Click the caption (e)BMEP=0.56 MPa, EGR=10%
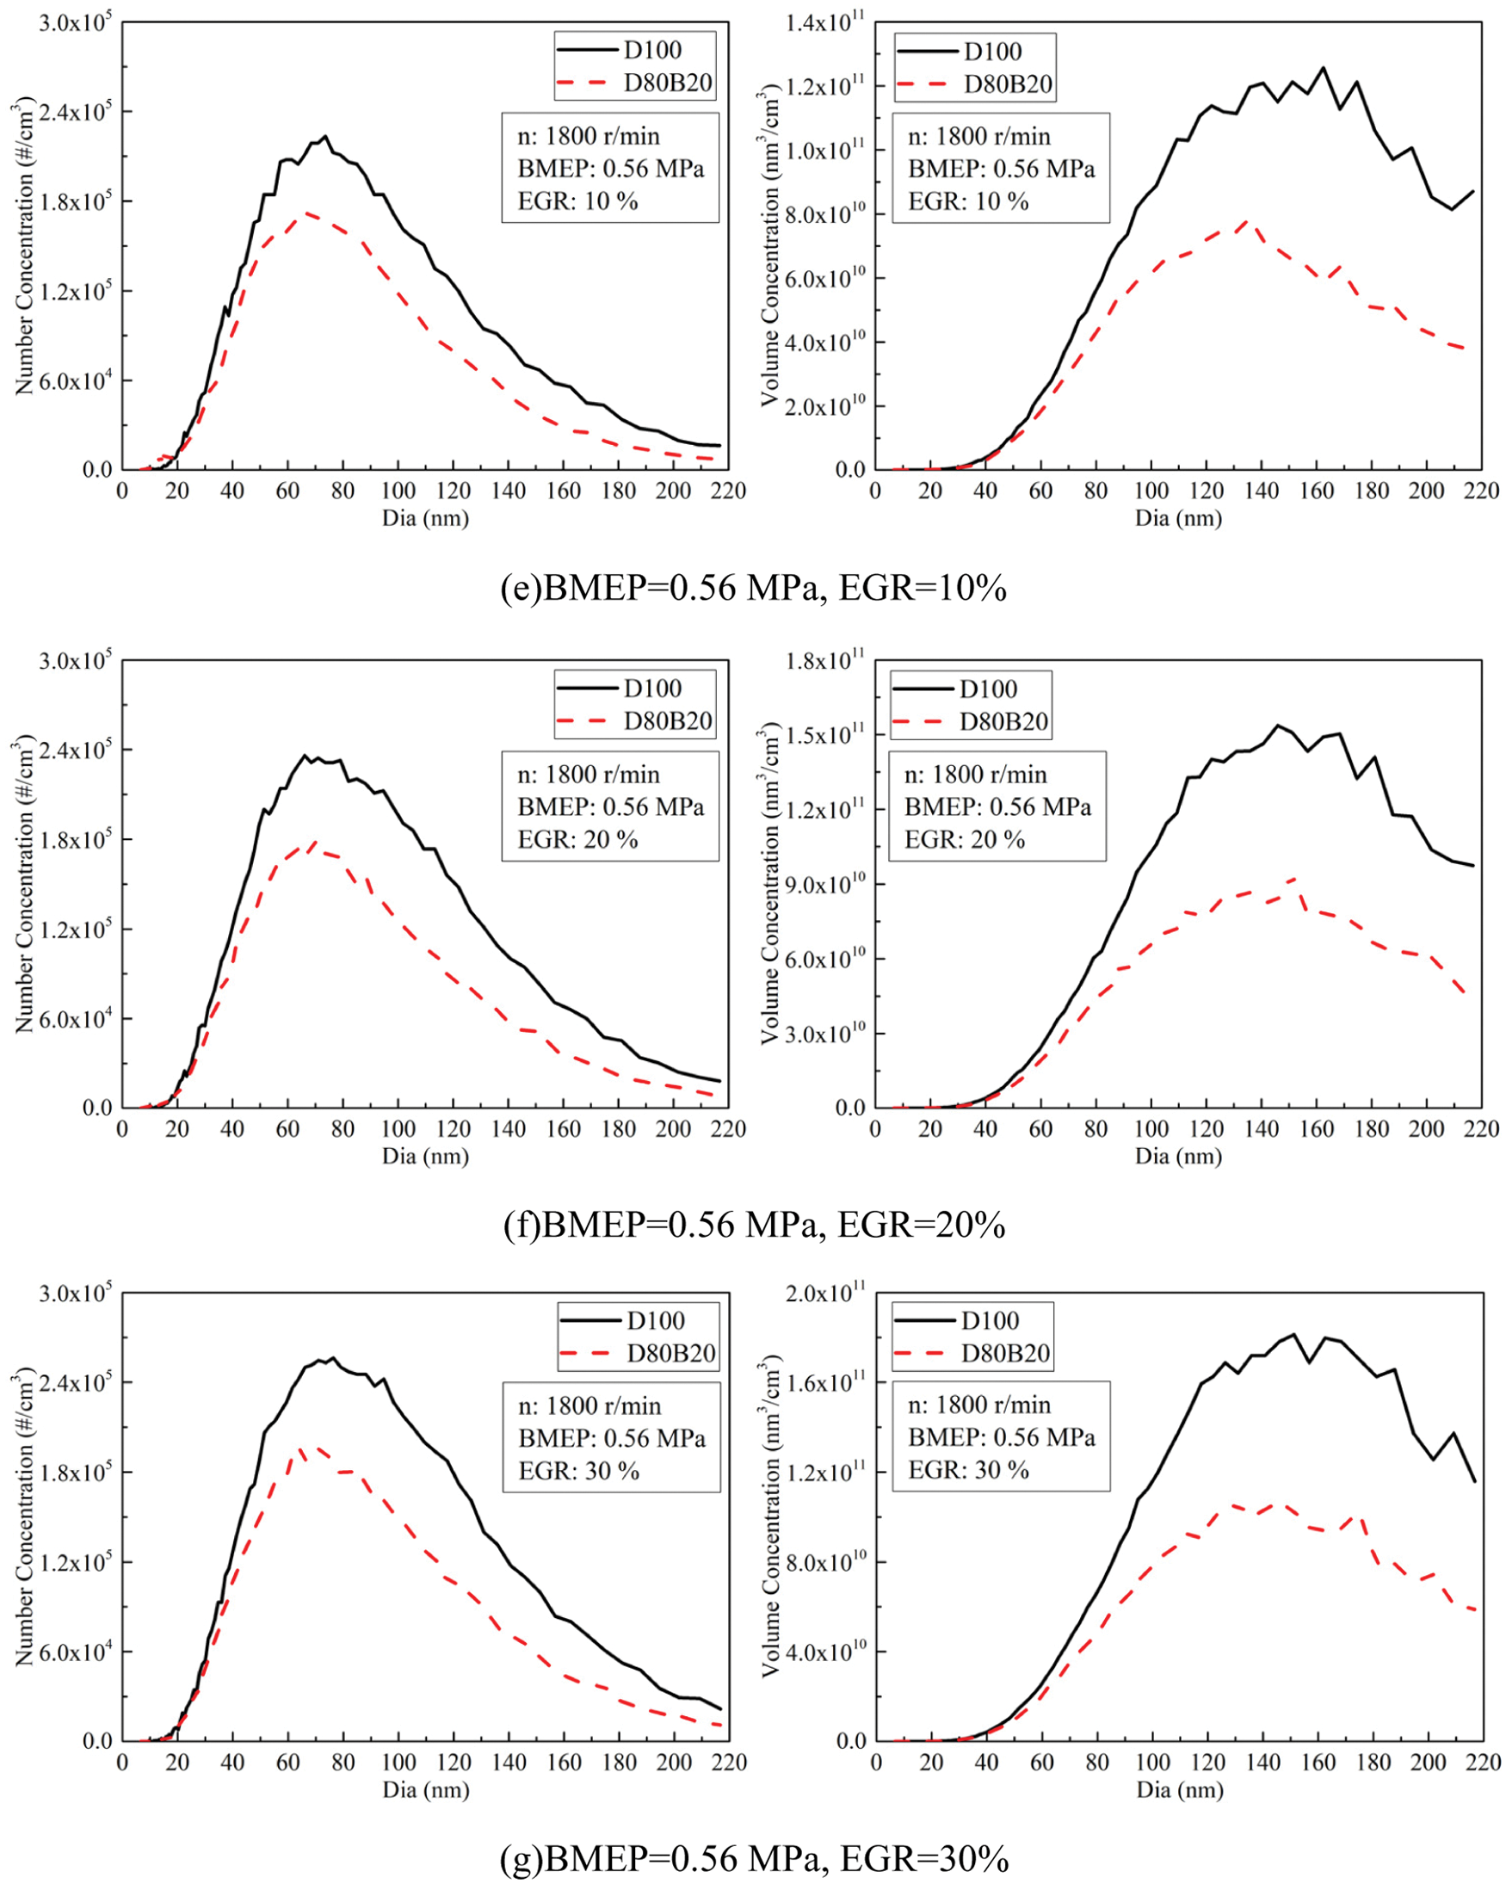(x=753, y=588)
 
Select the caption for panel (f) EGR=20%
(x=753, y=1225)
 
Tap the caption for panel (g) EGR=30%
(x=753, y=1857)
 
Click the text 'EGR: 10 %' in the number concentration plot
(x=577, y=201)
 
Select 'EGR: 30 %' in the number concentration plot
(x=578, y=1470)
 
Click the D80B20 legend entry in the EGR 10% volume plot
(x=1007, y=84)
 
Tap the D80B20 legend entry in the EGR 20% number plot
(x=667, y=721)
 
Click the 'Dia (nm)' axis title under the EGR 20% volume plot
(x=1178, y=1156)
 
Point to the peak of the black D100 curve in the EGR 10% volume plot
(x=1323, y=67)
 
